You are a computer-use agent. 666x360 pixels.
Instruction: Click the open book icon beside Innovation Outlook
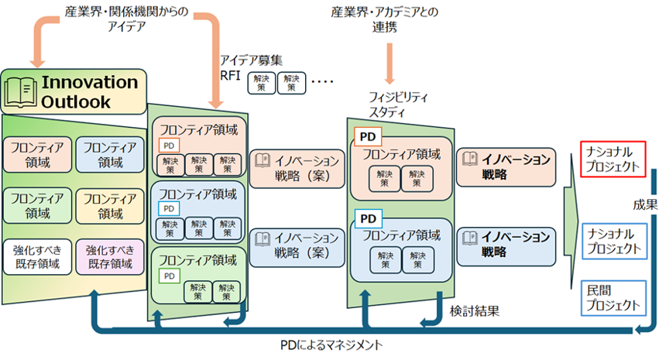20,92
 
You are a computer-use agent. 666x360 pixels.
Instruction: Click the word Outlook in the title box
76,102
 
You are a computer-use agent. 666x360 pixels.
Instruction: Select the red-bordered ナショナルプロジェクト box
613,159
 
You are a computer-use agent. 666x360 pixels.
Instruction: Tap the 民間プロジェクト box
613,298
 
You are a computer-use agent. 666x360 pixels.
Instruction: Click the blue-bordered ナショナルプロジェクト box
614,241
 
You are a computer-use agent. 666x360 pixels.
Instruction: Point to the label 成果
645,205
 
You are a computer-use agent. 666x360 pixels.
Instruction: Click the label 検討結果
475,311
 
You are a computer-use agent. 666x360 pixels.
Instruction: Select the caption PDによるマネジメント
331,345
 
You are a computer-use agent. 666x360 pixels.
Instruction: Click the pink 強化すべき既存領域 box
110,257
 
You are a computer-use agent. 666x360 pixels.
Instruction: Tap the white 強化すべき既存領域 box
37,257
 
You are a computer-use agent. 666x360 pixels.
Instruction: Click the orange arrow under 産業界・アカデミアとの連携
390,63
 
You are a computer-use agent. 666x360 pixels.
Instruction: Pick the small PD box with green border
170,276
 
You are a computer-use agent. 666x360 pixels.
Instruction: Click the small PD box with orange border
169,146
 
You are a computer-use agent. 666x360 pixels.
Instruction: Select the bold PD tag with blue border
368,218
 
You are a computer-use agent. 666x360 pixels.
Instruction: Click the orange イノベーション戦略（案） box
297,169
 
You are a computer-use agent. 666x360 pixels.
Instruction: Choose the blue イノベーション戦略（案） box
297,248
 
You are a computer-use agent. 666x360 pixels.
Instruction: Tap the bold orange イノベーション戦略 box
506,167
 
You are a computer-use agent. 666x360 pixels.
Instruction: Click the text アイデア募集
251,60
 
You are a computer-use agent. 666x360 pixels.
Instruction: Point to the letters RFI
230,76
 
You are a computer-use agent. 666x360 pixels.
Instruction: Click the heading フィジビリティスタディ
398,105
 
